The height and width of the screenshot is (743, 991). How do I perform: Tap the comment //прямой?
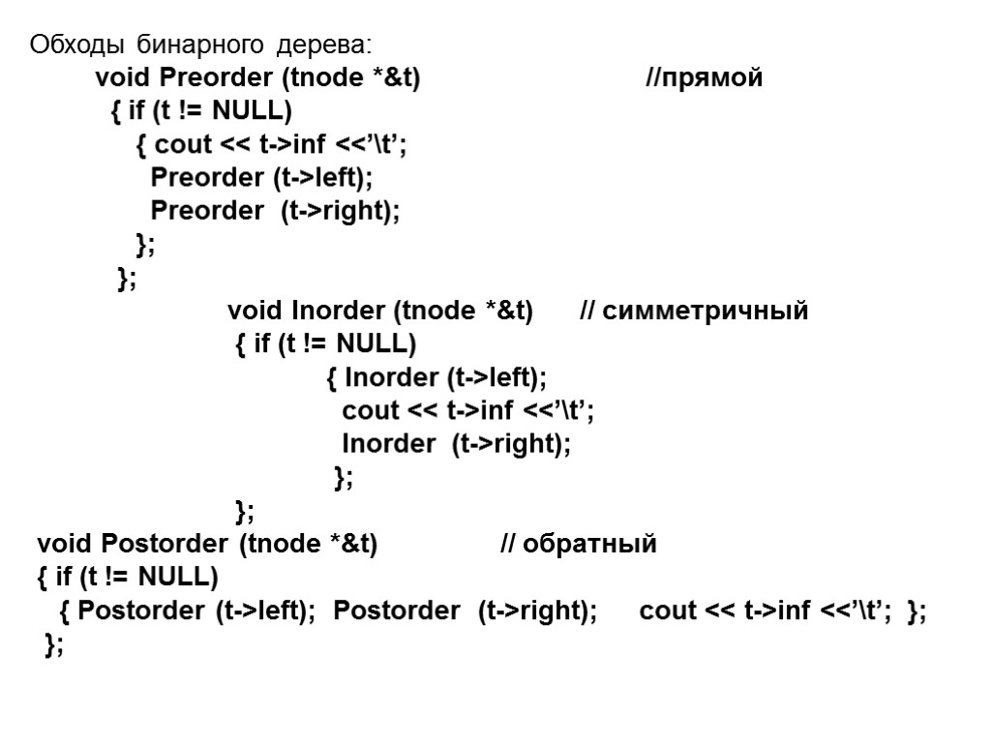(705, 78)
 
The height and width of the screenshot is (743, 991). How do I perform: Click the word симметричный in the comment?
(706, 312)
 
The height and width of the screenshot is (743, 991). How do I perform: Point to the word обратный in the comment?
(589, 544)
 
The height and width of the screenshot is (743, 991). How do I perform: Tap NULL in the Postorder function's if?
(178, 578)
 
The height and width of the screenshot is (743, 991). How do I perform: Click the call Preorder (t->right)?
(275, 211)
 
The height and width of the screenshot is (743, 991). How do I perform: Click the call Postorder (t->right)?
(465, 611)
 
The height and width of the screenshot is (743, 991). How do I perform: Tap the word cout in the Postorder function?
(669, 611)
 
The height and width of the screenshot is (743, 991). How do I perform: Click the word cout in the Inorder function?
(371, 410)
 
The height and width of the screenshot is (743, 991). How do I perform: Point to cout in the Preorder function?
(183, 145)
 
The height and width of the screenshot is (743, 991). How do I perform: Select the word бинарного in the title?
(200, 45)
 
